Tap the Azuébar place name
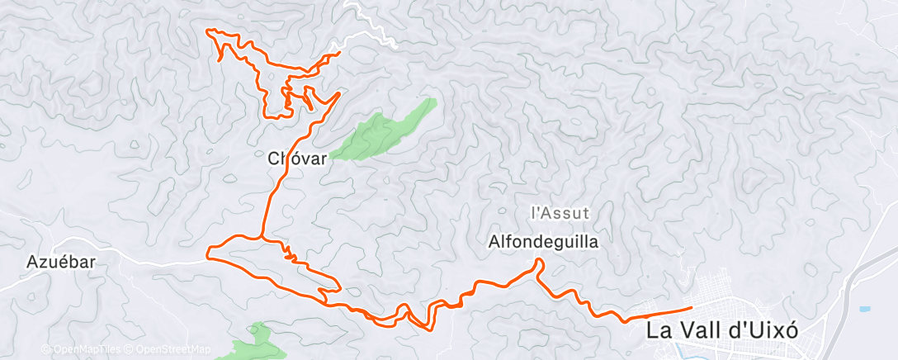pyautogui.click(x=62, y=262)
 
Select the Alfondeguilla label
pyautogui.click(x=543, y=242)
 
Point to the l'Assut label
pyautogui.click(x=560, y=212)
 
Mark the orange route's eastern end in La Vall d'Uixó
pyautogui.click(x=689, y=308)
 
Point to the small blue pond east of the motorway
pyautogui.click(x=864, y=309)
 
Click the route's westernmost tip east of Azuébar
pyautogui.click(x=207, y=251)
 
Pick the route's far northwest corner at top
pyautogui.click(x=207, y=31)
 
